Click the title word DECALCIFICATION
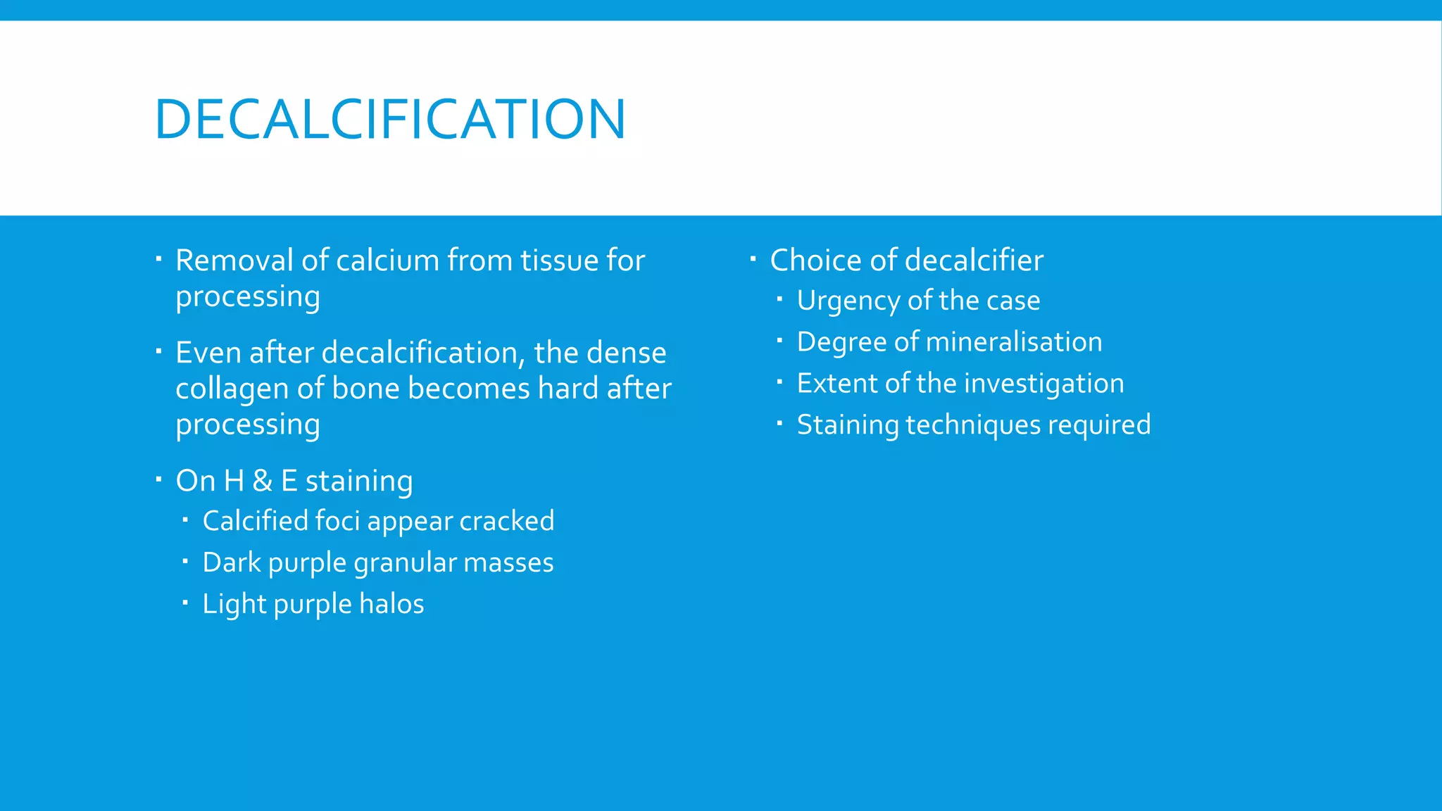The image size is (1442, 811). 389,119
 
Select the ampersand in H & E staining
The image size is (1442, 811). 262,481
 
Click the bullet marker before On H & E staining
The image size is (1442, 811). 158,479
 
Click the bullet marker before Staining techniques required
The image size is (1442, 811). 779,424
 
